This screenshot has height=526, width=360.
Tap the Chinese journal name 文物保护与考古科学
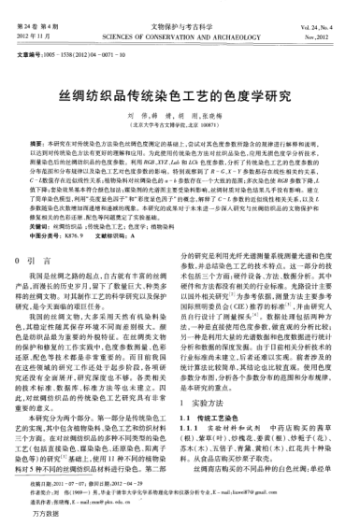click(180, 12)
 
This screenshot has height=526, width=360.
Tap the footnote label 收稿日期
click(39, 480)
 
